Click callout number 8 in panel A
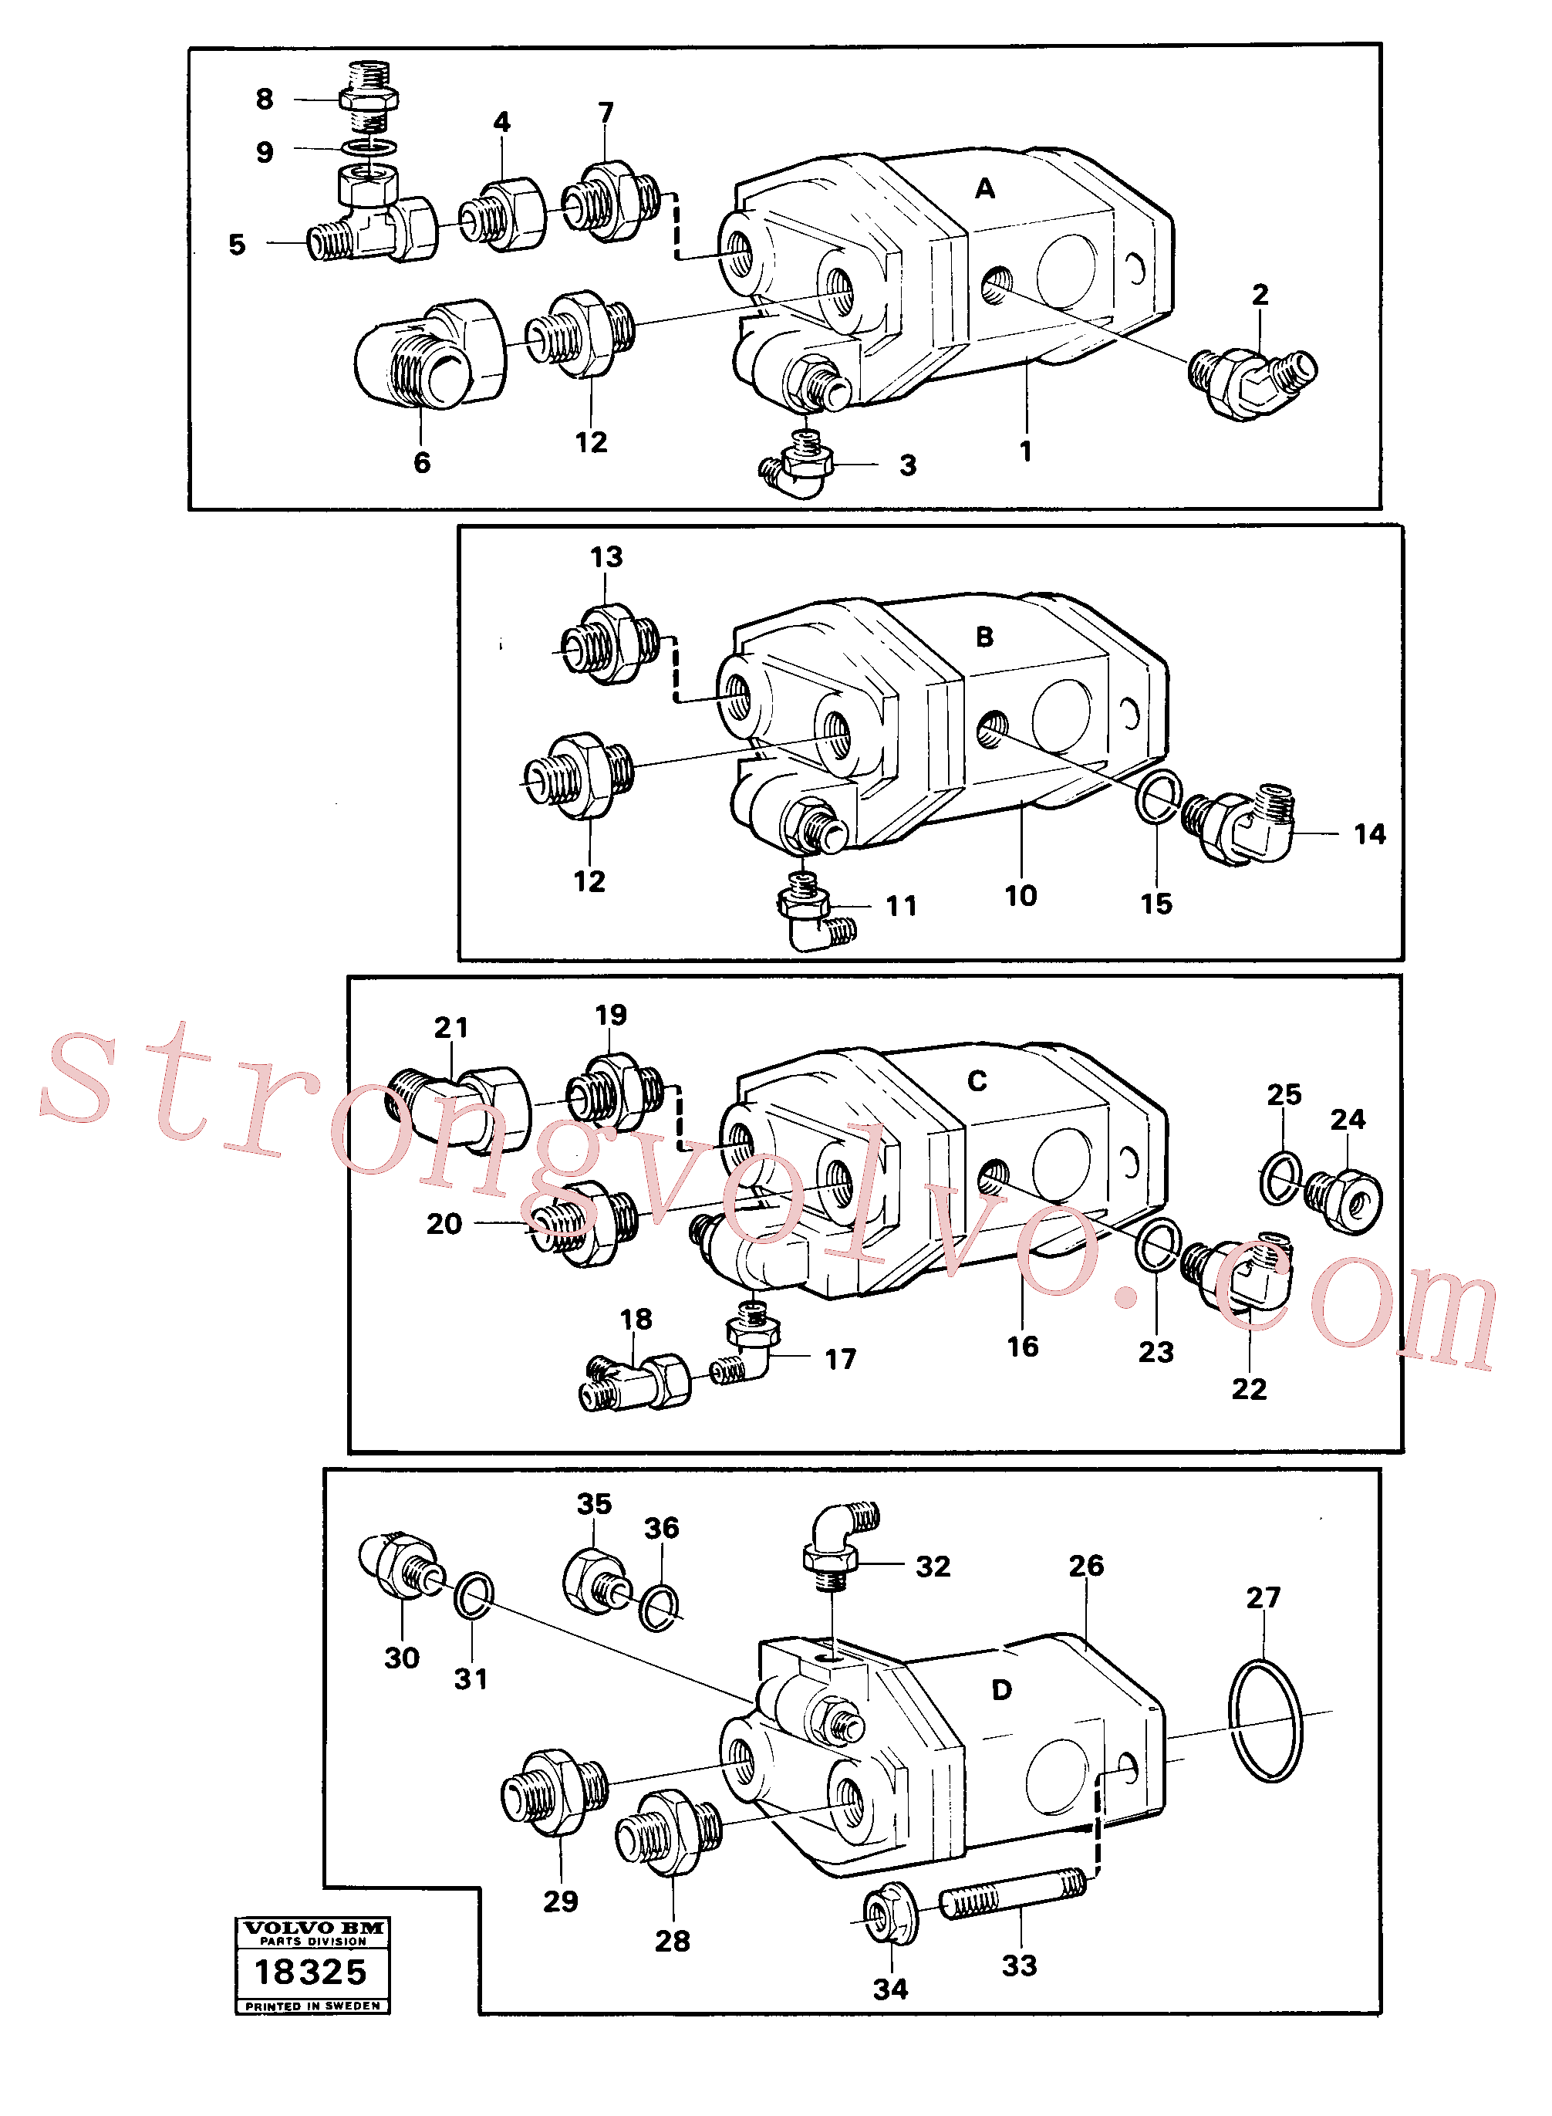coord(265,99)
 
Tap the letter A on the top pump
coord(984,189)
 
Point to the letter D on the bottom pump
coord(1003,1690)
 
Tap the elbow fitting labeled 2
coord(1253,384)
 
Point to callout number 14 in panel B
coord(1370,833)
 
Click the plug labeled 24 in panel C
coord(1344,1200)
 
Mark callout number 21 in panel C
coord(451,1027)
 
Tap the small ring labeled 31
coord(474,1595)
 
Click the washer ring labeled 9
coord(369,147)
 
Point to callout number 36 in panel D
coord(661,1529)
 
